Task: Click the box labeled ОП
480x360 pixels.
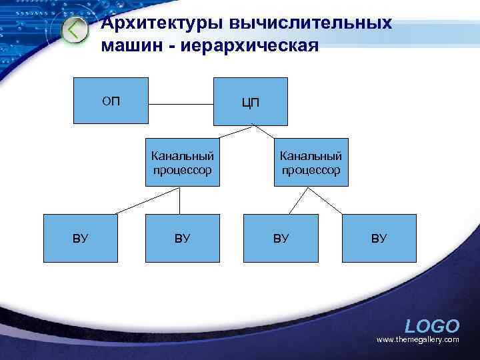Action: [x=110, y=101]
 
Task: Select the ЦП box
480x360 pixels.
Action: [x=250, y=101]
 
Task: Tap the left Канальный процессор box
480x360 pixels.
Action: [x=182, y=163]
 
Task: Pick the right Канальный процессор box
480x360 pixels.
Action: [x=310, y=163]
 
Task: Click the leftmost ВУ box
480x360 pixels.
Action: [x=80, y=238]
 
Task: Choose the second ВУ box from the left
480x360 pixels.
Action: [x=182, y=238]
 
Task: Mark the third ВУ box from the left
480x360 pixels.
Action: [x=280, y=238]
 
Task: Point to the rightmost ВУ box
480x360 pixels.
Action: [x=379, y=238]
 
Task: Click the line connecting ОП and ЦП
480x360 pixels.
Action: [x=180, y=104]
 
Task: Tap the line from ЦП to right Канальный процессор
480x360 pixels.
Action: [x=273, y=133]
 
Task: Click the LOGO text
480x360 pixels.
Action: [x=432, y=326]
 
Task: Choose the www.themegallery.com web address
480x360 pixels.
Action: [x=418, y=340]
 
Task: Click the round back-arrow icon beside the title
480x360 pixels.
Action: [x=75, y=31]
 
